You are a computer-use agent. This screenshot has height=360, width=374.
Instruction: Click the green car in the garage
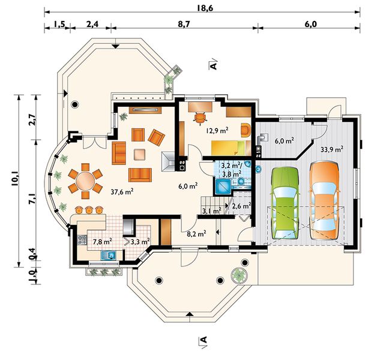(285, 203)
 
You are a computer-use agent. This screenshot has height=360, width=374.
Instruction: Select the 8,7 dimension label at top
(184, 25)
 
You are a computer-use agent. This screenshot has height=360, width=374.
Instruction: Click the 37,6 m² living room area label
(122, 191)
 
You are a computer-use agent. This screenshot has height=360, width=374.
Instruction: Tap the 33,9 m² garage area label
(332, 150)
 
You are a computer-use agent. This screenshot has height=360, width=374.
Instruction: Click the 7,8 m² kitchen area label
(103, 242)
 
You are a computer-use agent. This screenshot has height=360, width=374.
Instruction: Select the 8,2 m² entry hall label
(196, 234)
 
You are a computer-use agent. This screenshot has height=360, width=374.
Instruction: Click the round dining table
(85, 181)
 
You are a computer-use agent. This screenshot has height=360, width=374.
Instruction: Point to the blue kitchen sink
(108, 255)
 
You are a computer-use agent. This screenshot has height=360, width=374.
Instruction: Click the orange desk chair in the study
(200, 117)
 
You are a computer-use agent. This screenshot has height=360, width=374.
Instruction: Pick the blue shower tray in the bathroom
(223, 187)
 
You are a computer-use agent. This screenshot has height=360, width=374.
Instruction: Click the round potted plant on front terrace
(239, 275)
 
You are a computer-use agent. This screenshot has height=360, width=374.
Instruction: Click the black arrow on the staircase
(226, 206)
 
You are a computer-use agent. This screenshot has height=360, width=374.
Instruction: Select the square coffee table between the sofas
(139, 154)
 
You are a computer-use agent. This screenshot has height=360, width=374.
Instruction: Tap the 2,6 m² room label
(241, 206)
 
